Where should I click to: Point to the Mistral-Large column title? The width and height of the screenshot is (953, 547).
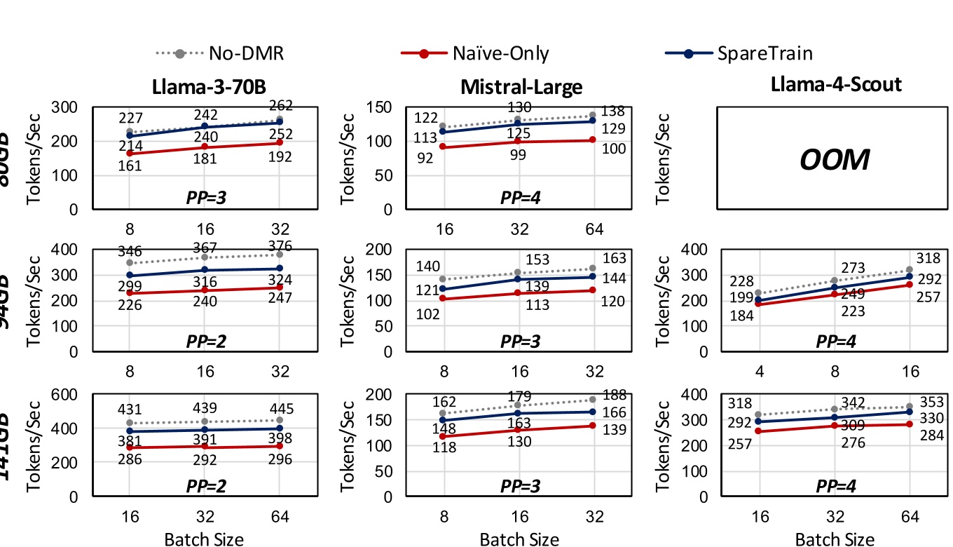coord(521,86)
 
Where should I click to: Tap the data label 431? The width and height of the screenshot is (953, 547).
coord(130,409)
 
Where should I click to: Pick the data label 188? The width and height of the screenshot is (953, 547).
coord(614,395)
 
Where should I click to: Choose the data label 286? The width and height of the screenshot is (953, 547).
coord(130,460)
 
